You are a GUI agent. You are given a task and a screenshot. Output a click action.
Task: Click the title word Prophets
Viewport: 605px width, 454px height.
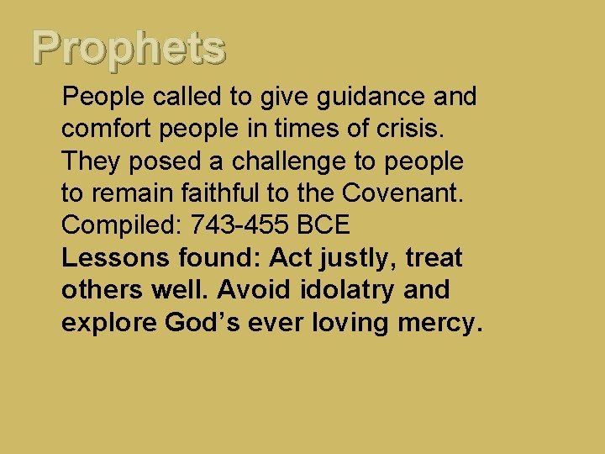[129, 49]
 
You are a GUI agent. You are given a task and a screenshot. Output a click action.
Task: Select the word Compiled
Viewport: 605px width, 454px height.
[122, 225]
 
